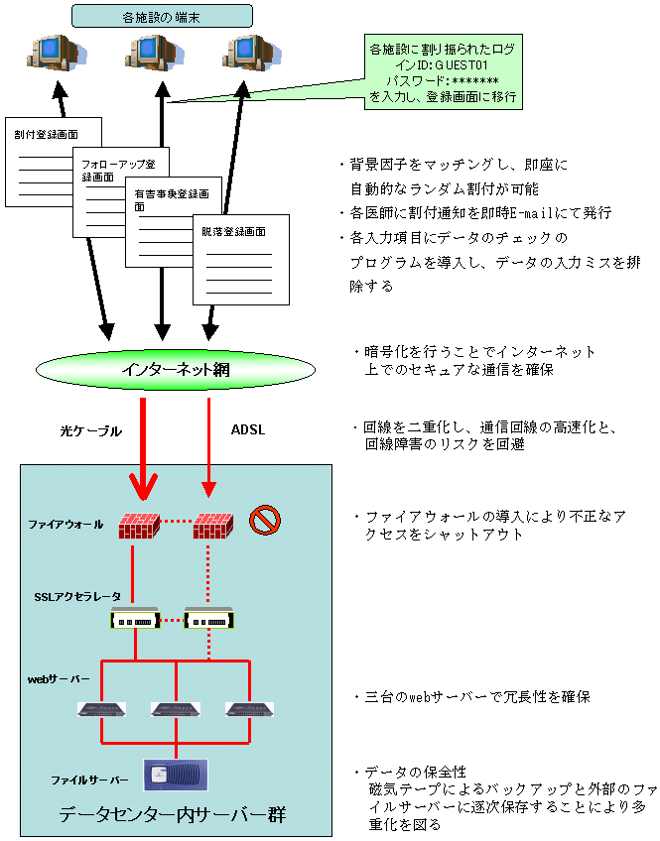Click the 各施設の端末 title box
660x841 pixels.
coord(163,16)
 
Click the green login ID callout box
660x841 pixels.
coord(440,72)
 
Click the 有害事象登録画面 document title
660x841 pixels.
coord(170,200)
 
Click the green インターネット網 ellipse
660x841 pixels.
coord(182,369)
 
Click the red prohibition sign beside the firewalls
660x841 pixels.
coord(265,519)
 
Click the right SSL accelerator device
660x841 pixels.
coord(210,621)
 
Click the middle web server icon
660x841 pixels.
coord(176,710)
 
